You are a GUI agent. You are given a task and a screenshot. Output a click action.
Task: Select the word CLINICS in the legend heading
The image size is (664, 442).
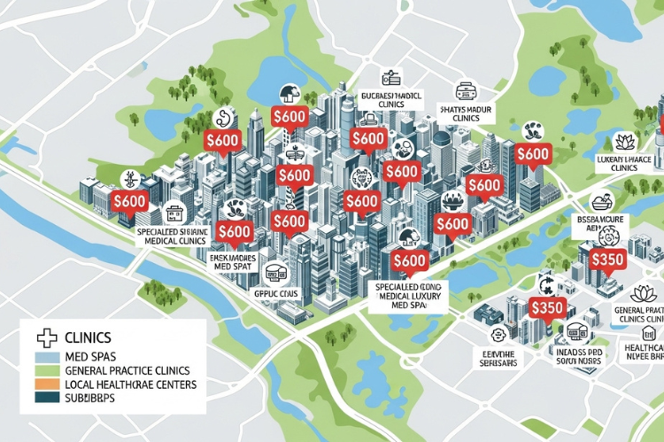pyautogui.click(x=88, y=337)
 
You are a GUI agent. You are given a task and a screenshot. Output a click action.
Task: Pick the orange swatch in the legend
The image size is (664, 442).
pyautogui.click(x=44, y=385)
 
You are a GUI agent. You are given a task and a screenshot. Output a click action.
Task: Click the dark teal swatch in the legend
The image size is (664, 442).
pyautogui.click(x=44, y=399)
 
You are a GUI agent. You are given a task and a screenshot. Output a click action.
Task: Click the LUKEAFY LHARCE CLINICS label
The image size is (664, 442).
pyautogui.click(x=613, y=161)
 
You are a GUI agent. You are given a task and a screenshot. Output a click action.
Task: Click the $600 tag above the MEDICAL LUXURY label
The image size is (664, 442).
pyautogui.click(x=408, y=260)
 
